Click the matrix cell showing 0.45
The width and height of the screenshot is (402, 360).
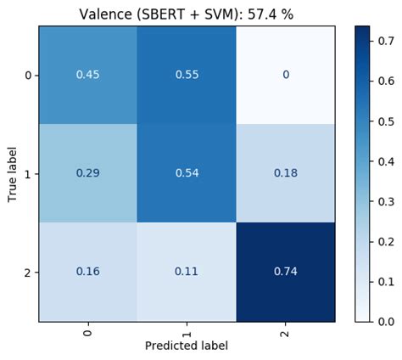(87, 75)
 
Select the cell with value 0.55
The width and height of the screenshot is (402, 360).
(187, 75)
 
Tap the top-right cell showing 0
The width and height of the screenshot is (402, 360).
(286, 75)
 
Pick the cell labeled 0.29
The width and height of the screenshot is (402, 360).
(87, 173)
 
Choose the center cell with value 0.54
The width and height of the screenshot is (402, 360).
(187, 173)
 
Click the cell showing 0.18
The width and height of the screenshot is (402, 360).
(286, 173)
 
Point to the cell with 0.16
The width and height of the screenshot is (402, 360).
(87, 273)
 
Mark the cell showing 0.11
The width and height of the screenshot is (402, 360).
(187, 273)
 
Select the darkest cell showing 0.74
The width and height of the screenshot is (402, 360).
(286, 273)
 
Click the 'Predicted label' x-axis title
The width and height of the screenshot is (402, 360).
(187, 346)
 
